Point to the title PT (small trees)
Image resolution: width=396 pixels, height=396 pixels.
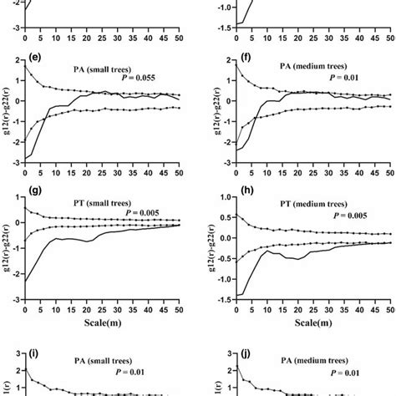(x=95, y=201)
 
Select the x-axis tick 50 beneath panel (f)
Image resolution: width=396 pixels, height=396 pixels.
(x=388, y=176)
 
